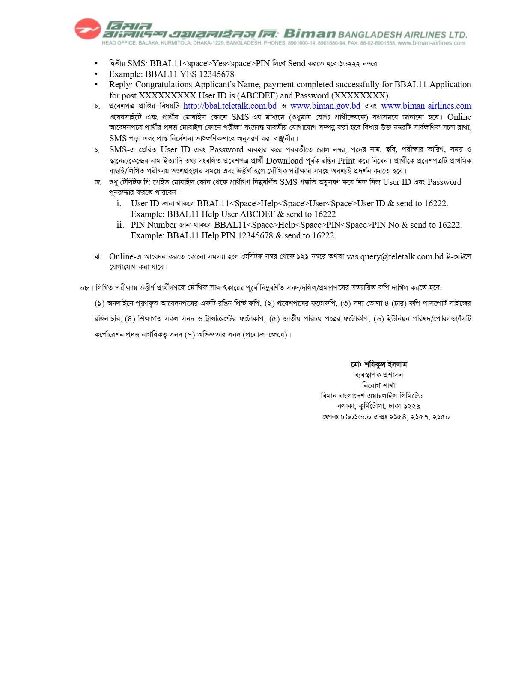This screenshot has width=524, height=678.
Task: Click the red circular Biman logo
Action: coord(88,29)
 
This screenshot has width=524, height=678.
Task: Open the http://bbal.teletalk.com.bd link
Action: coord(230,106)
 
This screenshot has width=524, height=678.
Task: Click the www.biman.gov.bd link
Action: coord(325,106)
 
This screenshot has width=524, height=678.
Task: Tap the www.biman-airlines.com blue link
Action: coord(426,106)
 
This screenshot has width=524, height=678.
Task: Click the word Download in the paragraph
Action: coord(284,161)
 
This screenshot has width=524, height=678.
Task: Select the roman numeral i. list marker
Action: coord(119,203)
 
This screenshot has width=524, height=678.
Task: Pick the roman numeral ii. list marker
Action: coord(120,225)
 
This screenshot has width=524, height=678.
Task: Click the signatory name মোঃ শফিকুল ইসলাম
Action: coord(379,365)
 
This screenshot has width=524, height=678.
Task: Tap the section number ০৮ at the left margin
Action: coord(84,288)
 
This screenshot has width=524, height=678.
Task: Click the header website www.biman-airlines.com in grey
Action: coord(431,43)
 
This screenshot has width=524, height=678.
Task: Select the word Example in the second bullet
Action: coord(125,74)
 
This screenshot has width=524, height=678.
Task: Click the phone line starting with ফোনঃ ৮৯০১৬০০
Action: coord(386,417)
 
